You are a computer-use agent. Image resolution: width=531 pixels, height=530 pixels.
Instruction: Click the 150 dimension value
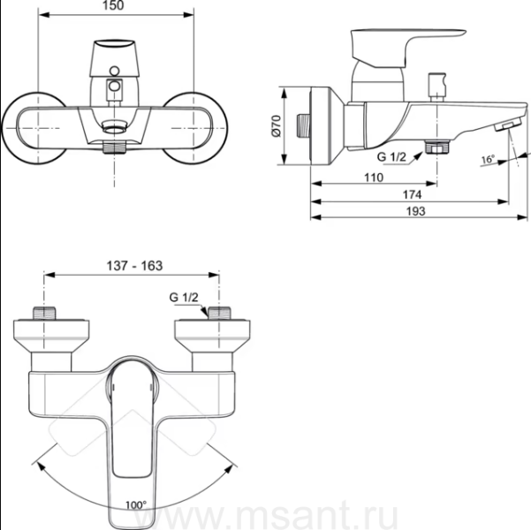[114, 5]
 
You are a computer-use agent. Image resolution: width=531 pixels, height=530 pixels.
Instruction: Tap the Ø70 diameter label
[277, 126]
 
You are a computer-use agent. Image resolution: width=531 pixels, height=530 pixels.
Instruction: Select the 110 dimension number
[374, 178]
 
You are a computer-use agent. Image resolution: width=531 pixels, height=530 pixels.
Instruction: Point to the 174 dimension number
[412, 194]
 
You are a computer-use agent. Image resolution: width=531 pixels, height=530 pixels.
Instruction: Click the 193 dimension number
[415, 211]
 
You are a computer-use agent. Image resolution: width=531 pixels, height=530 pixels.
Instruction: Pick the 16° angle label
[488, 159]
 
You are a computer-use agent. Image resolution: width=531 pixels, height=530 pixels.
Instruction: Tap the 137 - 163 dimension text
[134, 266]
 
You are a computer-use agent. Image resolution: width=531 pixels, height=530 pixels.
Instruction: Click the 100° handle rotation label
[136, 505]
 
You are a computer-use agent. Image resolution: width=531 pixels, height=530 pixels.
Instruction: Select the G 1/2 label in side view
[391, 157]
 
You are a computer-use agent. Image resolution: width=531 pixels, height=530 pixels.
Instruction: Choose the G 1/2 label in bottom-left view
[184, 298]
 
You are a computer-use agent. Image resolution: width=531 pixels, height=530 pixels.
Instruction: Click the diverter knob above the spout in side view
[436, 87]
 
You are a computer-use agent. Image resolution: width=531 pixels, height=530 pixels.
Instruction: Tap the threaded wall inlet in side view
[303, 125]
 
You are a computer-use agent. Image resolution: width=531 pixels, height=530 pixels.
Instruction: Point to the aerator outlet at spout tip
[508, 125]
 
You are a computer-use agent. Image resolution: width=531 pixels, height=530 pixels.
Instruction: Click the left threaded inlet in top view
[44, 313]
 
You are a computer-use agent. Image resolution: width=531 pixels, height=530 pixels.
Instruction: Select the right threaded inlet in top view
[219, 313]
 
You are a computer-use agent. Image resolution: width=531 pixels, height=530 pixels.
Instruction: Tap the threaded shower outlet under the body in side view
[437, 148]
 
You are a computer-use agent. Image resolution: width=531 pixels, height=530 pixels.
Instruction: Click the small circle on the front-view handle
[115, 71]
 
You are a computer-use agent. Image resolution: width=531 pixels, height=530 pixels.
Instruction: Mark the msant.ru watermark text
[266, 516]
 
